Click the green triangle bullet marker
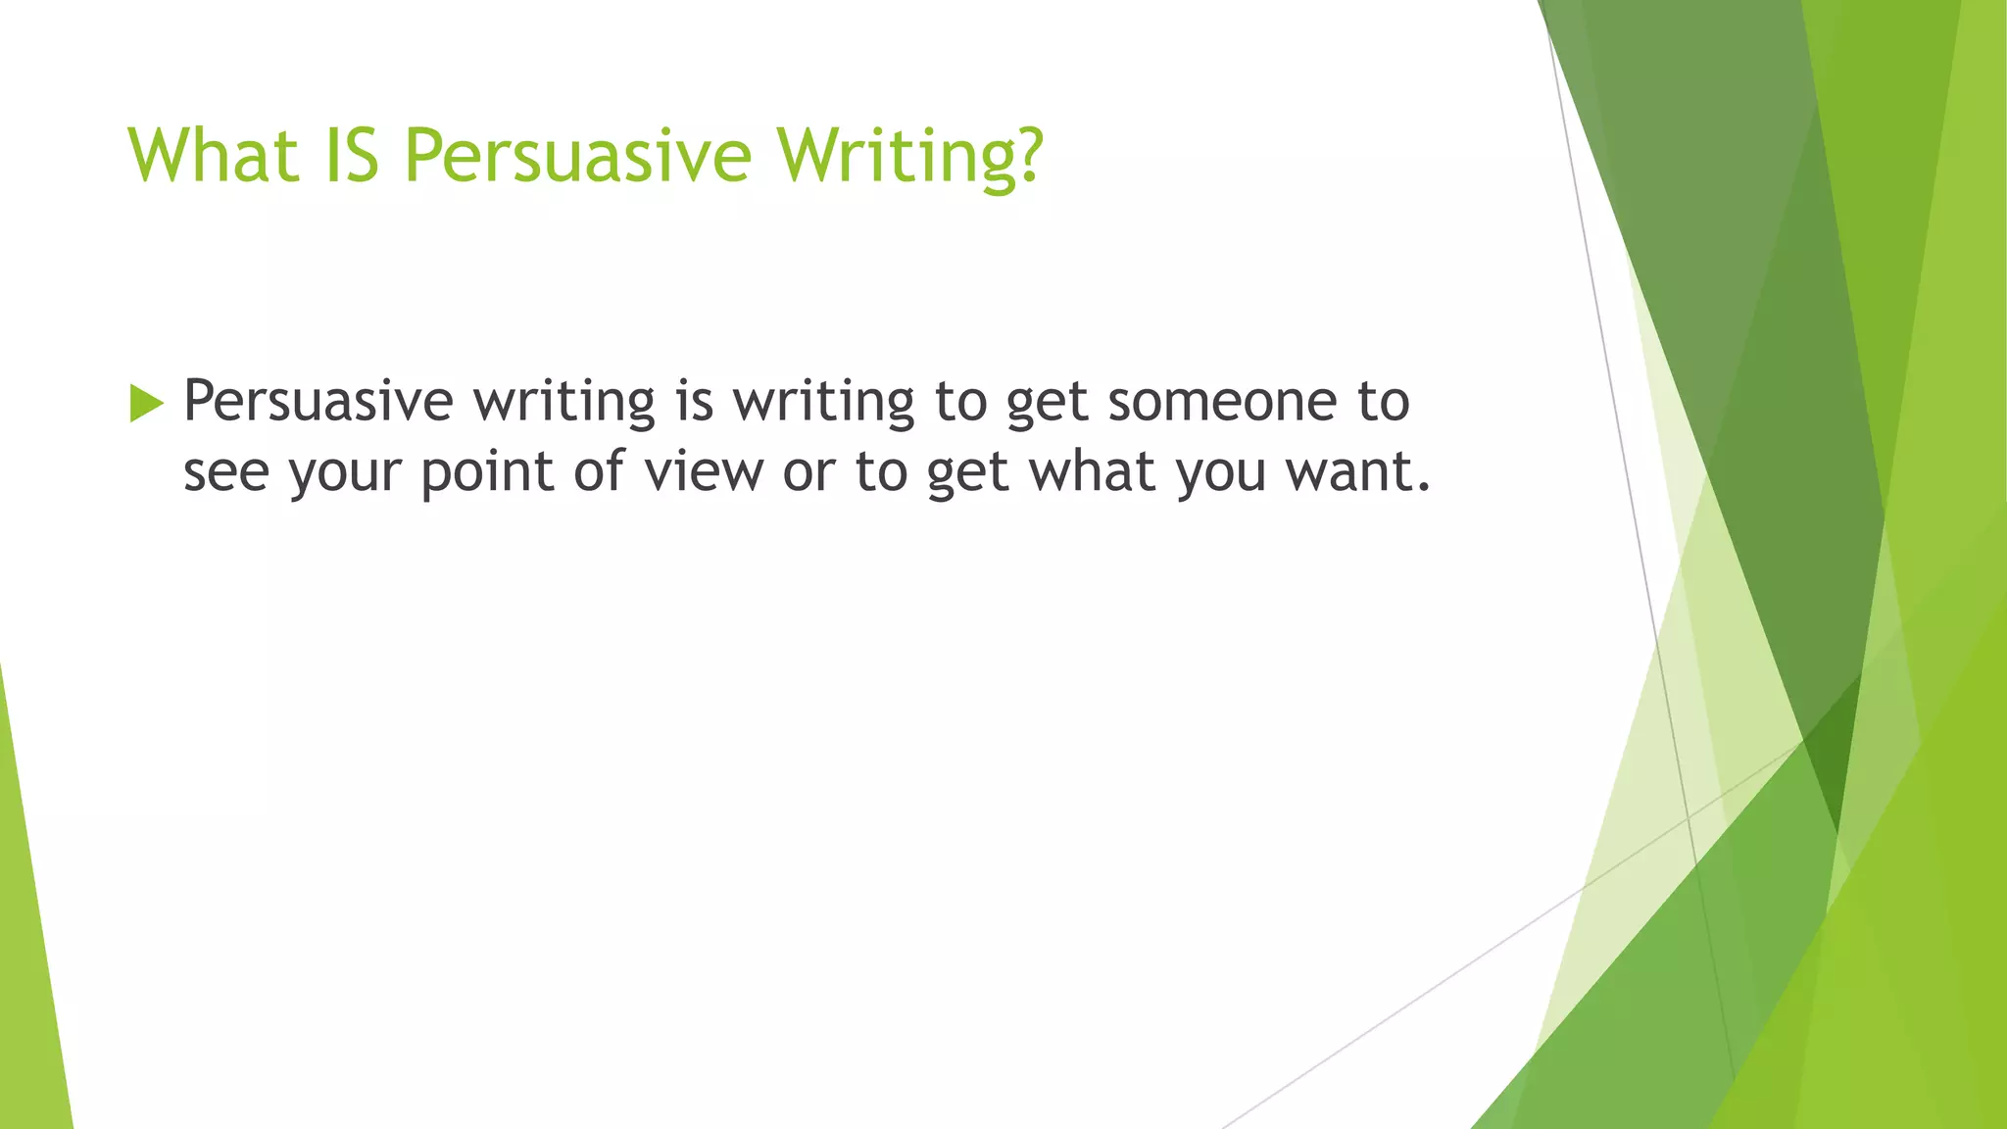[x=145, y=403]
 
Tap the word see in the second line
[x=225, y=472]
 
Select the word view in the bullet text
[x=704, y=471]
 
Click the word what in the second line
[x=1092, y=471]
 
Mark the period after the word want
[x=1424, y=488]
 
